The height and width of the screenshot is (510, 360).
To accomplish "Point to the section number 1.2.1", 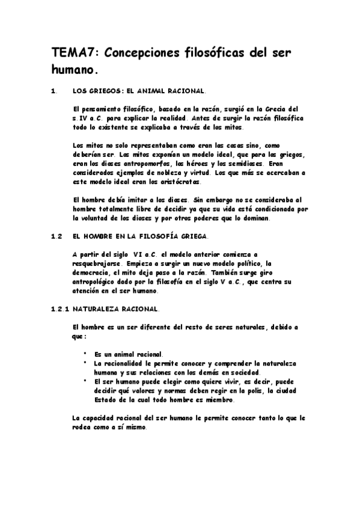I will pos(61,309).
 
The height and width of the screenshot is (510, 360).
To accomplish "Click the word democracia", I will pos(94,272).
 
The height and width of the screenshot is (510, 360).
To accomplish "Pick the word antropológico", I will pos(99,281).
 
